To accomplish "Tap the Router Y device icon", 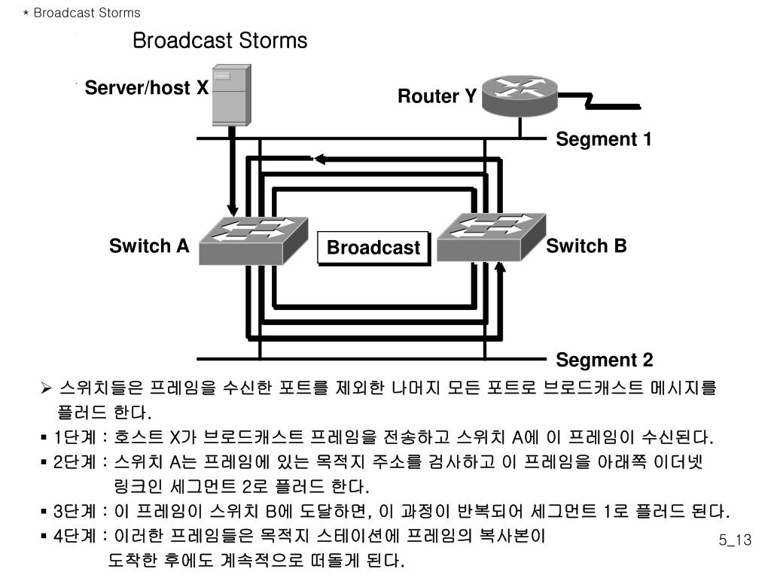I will (x=519, y=93).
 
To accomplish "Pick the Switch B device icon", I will (x=490, y=235).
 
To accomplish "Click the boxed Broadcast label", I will (x=373, y=248).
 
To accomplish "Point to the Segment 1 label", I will (x=604, y=139).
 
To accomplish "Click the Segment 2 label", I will (x=605, y=360).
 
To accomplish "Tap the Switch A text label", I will (x=149, y=246).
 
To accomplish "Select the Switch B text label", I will (x=587, y=246).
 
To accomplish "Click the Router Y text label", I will (x=437, y=96).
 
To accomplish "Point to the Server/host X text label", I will (x=146, y=89).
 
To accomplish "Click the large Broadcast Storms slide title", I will (x=220, y=41).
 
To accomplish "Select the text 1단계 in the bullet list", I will (x=74, y=438).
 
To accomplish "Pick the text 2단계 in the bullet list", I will (x=74, y=462).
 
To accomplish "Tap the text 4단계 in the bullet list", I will (x=74, y=537).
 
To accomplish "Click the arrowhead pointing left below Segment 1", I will (x=319, y=159).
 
